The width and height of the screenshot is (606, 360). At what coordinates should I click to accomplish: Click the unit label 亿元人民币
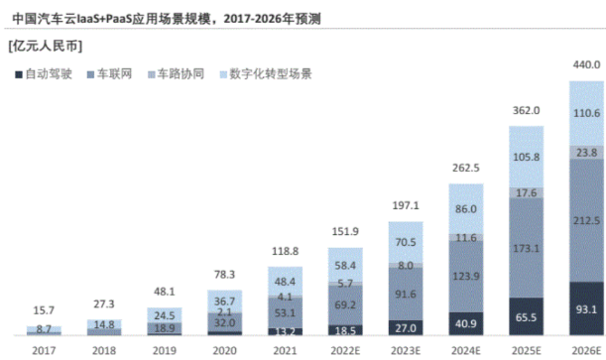45,46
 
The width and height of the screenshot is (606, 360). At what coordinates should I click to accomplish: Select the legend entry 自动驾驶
43,73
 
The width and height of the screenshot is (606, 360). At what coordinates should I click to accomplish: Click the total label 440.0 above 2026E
584,64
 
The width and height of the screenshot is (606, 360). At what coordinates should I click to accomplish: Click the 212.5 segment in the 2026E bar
584,220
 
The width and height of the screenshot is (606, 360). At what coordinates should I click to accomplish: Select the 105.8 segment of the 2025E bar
525,157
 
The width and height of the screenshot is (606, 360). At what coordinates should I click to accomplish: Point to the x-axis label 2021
284,349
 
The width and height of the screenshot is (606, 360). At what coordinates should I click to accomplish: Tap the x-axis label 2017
44,349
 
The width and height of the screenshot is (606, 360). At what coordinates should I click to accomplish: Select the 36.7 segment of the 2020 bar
224,301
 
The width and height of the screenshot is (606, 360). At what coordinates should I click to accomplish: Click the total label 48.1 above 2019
164,293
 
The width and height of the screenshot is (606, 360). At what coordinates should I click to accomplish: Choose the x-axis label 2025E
525,349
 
